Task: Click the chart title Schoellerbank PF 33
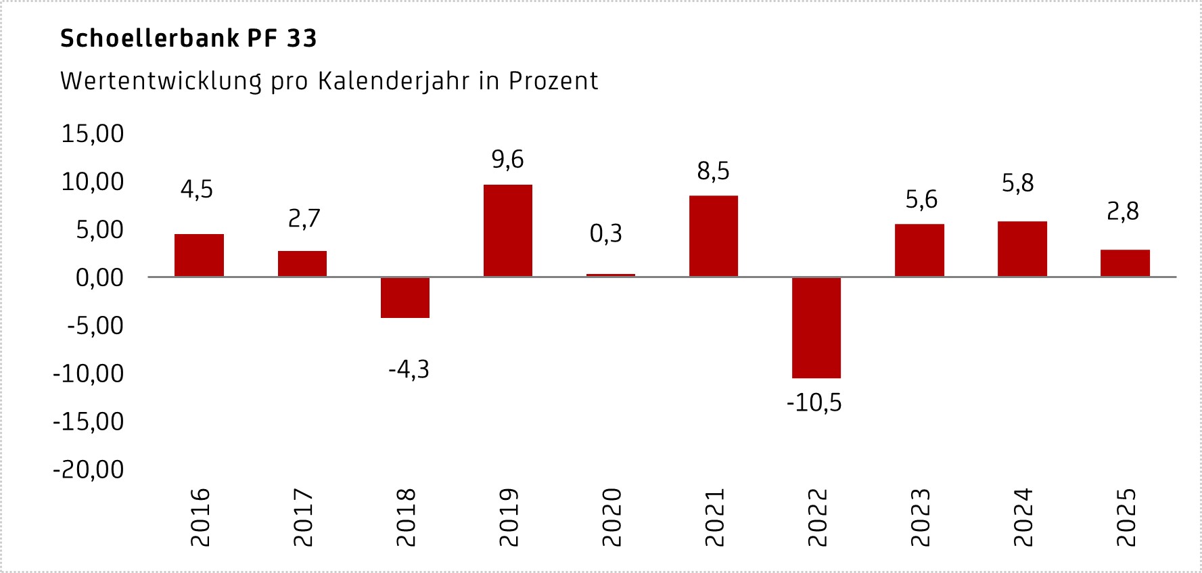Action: click(x=188, y=39)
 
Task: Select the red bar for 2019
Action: click(x=507, y=230)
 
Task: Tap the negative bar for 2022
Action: click(x=816, y=327)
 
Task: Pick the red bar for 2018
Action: click(x=404, y=298)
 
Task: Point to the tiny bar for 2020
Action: click(x=610, y=275)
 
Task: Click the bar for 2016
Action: click(x=199, y=255)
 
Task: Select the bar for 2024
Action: click(x=1022, y=249)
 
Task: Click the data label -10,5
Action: click(x=814, y=403)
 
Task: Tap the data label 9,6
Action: click(x=507, y=160)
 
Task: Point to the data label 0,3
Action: click(x=605, y=234)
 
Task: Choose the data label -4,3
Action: click(x=409, y=370)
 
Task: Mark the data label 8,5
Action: click(x=713, y=171)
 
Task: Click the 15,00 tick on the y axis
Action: click(x=93, y=134)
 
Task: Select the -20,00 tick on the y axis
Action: click(x=89, y=469)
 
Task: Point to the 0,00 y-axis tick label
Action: click(x=99, y=278)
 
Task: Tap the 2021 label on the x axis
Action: click(x=714, y=518)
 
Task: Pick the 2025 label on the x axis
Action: click(x=1126, y=518)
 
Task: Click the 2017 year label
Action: click(x=303, y=518)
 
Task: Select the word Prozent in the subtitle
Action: click(x=553, y=81)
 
